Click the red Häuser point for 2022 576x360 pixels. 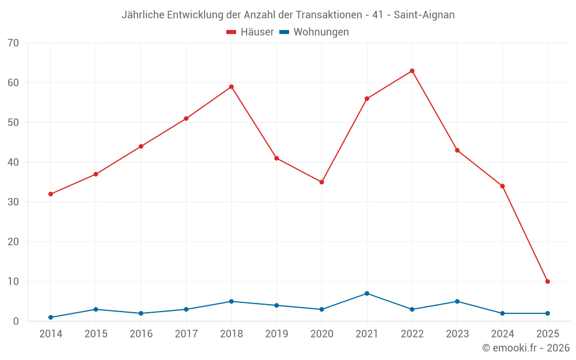coord(412,71)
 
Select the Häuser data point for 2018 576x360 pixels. coord(231,87)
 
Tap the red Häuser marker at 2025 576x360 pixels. coord(548,282)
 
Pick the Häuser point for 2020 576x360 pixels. coord(321,182)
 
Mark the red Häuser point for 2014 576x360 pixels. coord(51,194)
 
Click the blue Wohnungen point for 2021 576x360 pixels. coord(367,294)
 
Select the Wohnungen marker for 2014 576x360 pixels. coord(51,317)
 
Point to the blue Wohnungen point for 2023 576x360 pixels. coord(457,301)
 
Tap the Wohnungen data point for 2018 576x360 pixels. coord(231,301)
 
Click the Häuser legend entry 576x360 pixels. coord(251,32)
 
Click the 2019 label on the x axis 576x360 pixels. coord(276,334)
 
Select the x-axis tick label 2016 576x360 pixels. coord(141,334)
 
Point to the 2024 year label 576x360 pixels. coord(502,334)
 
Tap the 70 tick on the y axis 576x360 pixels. coord(13,43)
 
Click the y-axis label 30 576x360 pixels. coord(13,202)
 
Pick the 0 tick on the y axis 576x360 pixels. coord(16,321)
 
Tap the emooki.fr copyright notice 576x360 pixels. coord(526,348)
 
